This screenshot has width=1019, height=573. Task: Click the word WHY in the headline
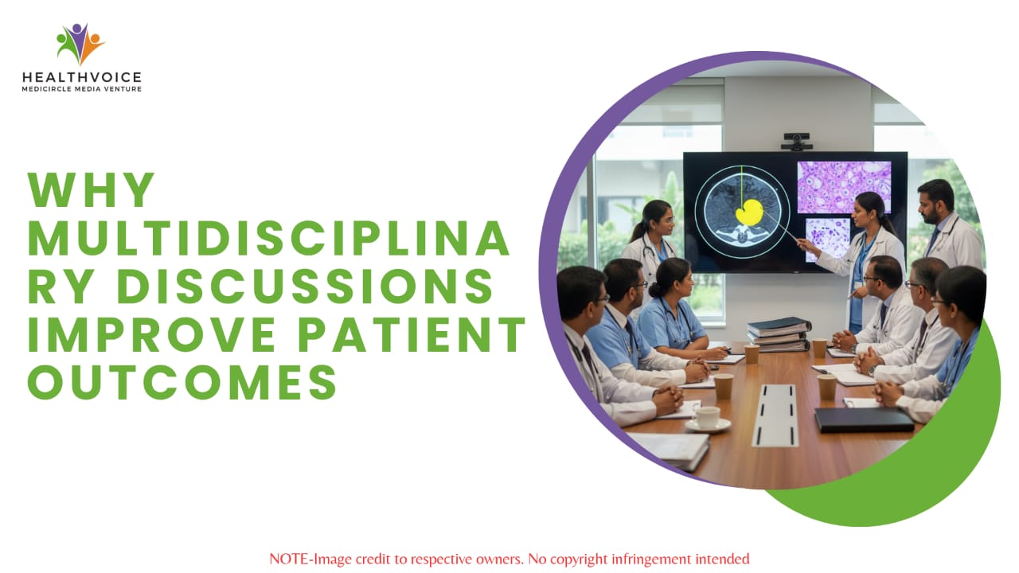coord(91,189)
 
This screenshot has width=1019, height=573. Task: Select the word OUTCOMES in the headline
coord(182,383)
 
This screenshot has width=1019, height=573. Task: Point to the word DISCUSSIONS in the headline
coord(305,286)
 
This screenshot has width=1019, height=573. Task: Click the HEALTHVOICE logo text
coord(82,77)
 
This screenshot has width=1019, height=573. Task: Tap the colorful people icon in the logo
coord(80,43)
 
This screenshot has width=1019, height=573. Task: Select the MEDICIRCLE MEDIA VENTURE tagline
coord(82,89)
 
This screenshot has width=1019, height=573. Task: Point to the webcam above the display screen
coord(797,142)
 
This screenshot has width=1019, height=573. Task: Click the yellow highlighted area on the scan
coord(749,212)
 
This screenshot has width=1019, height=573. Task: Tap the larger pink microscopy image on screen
coord(845,187)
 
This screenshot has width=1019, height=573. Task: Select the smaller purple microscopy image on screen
coord(827,240)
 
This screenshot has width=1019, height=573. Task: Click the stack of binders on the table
coord(779,334)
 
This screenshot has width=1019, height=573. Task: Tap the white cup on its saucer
coord(708,419)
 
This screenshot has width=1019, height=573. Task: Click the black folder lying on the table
coord(864,419)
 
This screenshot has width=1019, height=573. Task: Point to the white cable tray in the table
coord(775,415)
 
